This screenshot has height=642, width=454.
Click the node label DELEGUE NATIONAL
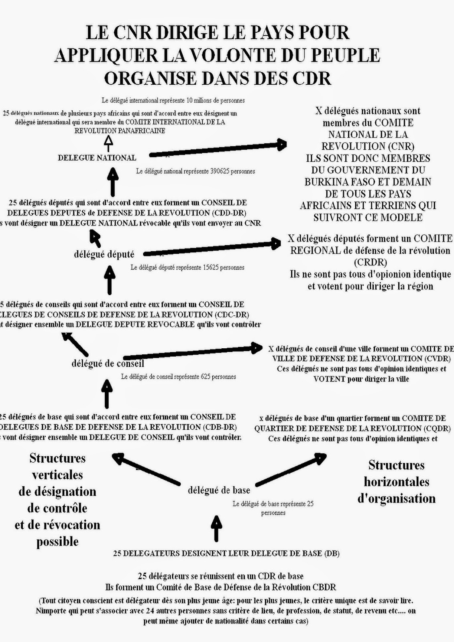tap(97, 158)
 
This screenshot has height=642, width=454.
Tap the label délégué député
tap(104, 254)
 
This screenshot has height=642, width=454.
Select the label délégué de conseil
tap(108, 364)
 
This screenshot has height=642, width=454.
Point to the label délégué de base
tap(219, 490)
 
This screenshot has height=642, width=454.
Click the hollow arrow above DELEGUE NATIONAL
tap(108, 142)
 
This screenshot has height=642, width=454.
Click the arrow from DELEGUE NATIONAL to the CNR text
tap(217, 149)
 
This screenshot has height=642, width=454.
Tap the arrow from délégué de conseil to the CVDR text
tap(193, 353)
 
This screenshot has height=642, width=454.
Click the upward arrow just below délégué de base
tap(216, 528)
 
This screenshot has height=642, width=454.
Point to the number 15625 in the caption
tap(208, 267)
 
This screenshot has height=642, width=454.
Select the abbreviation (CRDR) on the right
tap(370, 262)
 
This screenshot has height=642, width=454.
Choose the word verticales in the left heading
tap(57, 475)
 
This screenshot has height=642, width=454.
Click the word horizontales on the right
tap(397, 481)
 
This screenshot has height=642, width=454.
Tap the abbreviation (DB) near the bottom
tap(332, 553)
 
